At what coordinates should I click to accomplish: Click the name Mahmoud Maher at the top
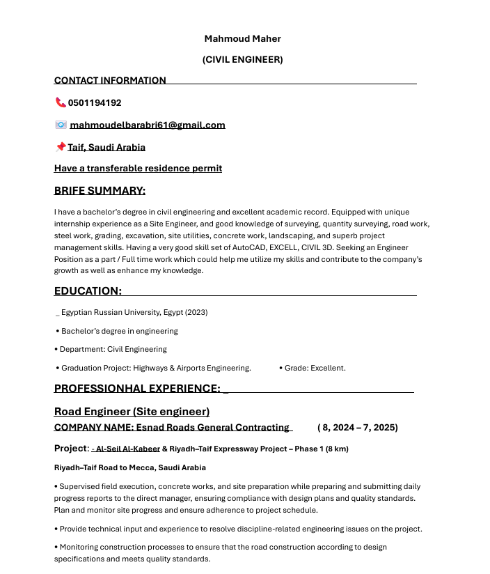coord(242,38)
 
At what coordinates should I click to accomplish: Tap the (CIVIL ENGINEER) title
coord(242,60)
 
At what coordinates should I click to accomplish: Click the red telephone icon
coord(60,102)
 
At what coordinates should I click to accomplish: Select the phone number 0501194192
coord(95,103)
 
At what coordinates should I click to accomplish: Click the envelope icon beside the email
coord(61,125)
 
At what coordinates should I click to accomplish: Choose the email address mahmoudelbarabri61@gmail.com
coord(148,125)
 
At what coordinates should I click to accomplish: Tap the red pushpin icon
coord(60,147)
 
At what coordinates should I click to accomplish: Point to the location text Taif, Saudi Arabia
coord(106,148)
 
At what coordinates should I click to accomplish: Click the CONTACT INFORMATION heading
coord(110,81)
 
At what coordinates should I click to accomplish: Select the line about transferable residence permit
coord(138,169)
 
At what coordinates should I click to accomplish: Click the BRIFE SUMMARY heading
coord(100,191)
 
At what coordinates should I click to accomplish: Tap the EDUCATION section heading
coord(88,291)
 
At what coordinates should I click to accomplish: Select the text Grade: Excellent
coord(315,368)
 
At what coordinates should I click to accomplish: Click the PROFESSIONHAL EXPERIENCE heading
coord(137,389)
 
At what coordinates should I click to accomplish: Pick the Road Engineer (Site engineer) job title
coord(132,412)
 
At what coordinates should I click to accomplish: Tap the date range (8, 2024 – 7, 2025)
coord(357,428)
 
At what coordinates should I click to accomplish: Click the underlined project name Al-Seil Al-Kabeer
coord(127,449)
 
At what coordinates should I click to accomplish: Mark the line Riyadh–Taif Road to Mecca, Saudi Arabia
coord(129,467)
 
